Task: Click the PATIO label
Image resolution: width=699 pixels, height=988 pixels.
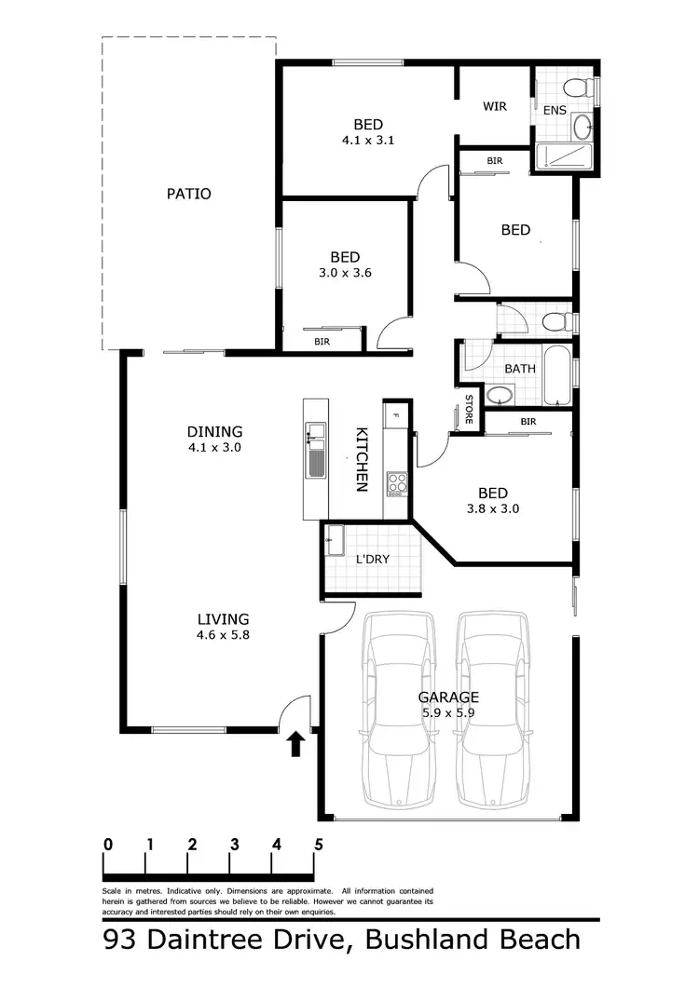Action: point(188,194)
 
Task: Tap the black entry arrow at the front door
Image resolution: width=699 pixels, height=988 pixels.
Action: point(295,743)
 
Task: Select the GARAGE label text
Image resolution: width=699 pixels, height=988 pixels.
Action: point(448,697)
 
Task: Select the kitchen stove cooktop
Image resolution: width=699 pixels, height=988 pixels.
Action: point(397,482)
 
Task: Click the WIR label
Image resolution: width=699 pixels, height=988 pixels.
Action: point(494,106)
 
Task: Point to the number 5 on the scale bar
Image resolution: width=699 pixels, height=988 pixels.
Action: point(319,845)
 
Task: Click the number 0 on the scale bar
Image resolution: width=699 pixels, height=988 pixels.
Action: point(108,845)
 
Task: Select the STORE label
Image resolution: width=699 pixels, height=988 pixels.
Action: point(468,410)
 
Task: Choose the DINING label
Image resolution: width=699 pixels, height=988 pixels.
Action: point(214,431)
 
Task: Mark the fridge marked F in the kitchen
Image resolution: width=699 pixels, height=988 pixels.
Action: point(395,415)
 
